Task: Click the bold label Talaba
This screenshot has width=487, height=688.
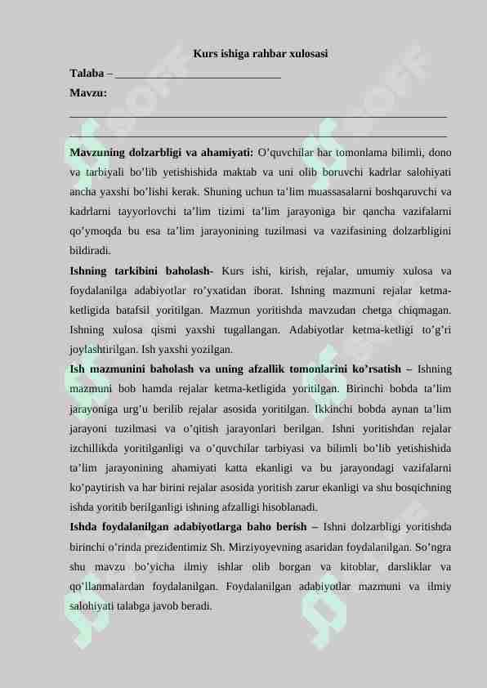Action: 87,74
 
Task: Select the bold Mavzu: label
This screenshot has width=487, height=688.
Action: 88,93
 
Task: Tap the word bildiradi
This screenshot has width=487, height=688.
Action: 90,250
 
